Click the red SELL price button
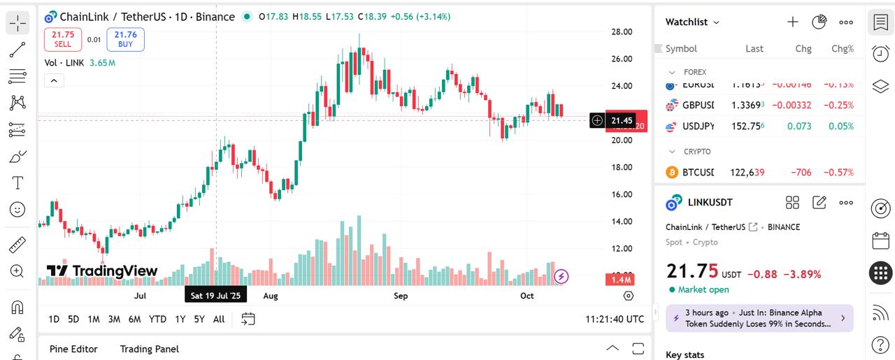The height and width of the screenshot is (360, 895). pyautogui.click(x=63, y=39)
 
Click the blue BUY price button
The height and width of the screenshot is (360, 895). pyautogui.click(x=125, y=39)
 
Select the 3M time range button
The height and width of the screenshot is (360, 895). pyautogui.click(x=114, y=319)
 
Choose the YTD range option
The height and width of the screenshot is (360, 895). pyautogui.click(x=157, y=319)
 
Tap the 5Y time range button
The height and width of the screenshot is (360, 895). pyautogui.click(x=199, y=319)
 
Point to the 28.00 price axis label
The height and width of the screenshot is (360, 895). pyautogui.click(x=622, y=32)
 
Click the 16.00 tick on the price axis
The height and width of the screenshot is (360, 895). pyautogui.click(x=622, y=194)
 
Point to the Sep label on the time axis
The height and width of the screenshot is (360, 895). pyautogui.click(x=401, y=296)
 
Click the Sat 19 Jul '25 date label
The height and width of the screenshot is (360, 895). pyautogui.click(x=215, y=296)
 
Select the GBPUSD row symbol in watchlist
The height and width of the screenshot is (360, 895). pyautogui.click(x=698, y=106)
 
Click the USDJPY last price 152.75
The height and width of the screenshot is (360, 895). pyautogui.click(x=747, y=127)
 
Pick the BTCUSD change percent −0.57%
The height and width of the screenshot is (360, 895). pyautogui.click(x=838, y=173)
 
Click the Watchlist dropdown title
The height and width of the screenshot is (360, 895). pyautogui.click(x=692, y=22)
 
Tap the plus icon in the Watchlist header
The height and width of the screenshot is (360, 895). pyautogui.click(x=792, y=22)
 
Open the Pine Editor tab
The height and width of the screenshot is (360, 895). pyautogui.click(x=73, y=349)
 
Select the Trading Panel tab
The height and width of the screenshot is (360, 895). pyautogui.click(x=149, y=349)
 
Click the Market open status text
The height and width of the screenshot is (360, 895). pyautogui.click(x=703, y=289)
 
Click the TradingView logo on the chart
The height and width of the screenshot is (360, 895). pyautogui.click(x=102, y=271)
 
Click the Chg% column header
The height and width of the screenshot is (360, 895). pyautogui.click(x=842, y=49)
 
